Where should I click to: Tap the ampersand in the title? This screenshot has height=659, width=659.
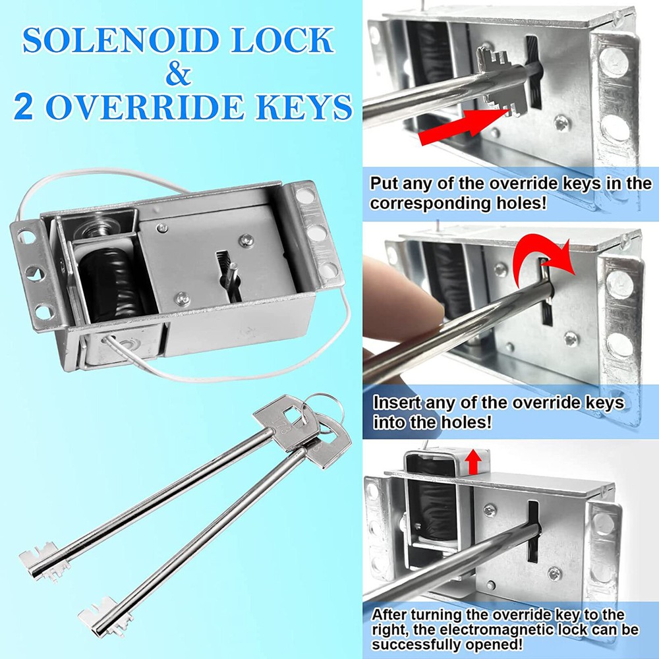coord(178,74)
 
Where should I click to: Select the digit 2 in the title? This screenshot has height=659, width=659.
coord(24,107)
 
